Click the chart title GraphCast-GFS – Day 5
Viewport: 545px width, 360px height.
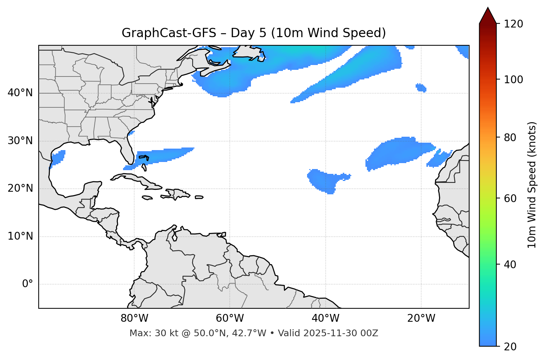tap(254, 33)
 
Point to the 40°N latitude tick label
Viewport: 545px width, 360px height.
tap(20, 93)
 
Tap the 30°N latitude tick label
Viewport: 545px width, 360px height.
tap(20, 141)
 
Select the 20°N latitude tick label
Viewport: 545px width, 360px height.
tap(20, 188)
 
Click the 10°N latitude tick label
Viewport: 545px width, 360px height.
tap(20, 236)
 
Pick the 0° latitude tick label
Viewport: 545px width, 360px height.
tap(28, 284)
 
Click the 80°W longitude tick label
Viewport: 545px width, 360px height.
tap(134, 318)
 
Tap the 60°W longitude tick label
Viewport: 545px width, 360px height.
tap(230, 318)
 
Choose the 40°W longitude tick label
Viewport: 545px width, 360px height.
tap(325, 318)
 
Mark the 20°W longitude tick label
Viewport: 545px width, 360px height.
tap(421, 318)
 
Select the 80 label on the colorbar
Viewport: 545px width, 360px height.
tap(512, 137)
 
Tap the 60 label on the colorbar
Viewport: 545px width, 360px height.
tap(512, 198)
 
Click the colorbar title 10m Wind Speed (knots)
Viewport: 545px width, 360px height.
tap(532, 185)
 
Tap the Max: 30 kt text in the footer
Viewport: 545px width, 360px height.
tap(149, 333)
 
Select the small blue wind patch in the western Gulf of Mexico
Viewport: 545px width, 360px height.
tap(58, 158)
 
